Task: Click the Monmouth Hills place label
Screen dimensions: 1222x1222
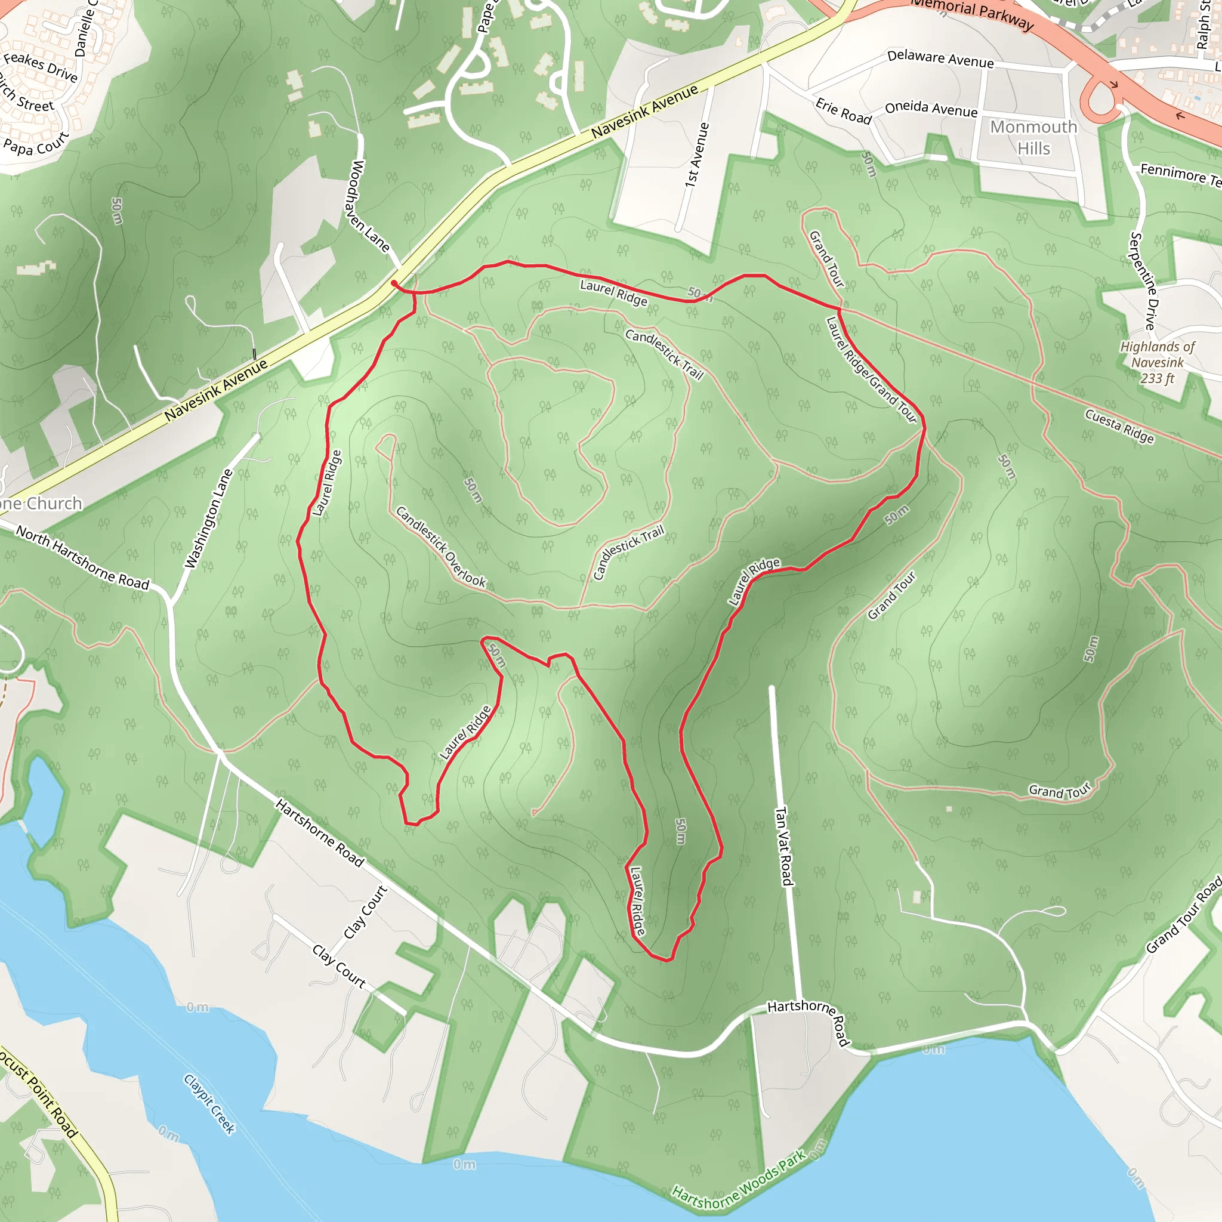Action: click(1033, 137)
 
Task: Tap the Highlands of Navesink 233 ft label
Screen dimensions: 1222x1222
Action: click(1157, 362)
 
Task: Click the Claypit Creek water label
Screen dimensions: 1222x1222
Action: click(209, 1104)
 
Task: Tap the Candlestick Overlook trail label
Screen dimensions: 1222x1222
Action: click(440, 547)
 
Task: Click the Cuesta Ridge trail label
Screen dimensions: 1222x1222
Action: click(1119, 425)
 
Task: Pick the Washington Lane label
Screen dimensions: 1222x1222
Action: click(208, 519)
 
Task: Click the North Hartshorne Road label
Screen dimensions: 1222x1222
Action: click(82, 557)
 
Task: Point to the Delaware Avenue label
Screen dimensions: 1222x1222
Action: click(940, 59)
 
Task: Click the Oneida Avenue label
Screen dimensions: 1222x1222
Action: click(930, 109)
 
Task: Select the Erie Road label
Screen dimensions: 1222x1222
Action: click(843, 111)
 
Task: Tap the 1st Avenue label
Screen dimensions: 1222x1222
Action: click(696, 155)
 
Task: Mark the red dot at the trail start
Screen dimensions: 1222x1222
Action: click(394, 283)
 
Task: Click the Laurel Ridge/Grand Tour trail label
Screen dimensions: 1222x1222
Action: click(871, 369)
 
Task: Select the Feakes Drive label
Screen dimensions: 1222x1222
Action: click(41, 67)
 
